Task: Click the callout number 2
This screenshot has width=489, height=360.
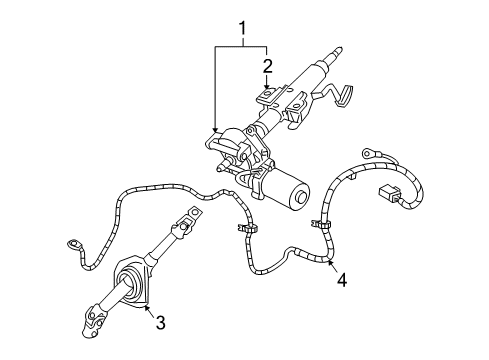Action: coord(267,66)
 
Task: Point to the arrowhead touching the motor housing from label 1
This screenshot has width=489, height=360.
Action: coord(216,130)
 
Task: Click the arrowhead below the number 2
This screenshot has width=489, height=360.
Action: coord(267,89)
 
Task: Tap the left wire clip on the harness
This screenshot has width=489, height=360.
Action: coord(243,232)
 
